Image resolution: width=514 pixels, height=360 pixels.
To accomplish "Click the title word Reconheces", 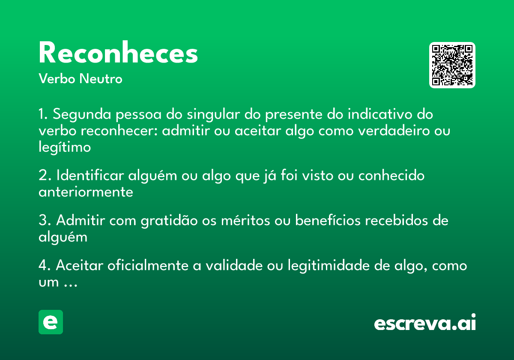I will tap(118, 54).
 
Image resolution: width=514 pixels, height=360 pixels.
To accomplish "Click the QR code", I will tap(452, 65).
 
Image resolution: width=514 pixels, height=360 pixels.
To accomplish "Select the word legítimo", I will tap(65, 147).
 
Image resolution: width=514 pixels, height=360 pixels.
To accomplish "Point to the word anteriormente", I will tap(86, 192).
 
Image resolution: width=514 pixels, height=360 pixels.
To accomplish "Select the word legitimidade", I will tap(325, 266).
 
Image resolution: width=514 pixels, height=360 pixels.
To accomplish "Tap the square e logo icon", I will tap(51, 322).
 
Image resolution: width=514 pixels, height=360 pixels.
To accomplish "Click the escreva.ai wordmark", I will tap(425, 323).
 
